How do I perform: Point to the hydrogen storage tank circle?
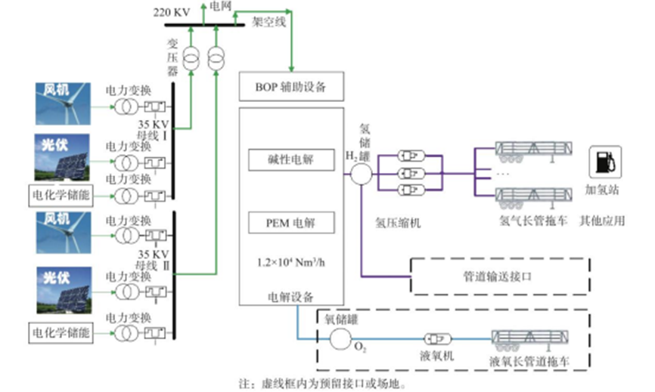[360, 174]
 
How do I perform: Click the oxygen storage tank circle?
[340, 338]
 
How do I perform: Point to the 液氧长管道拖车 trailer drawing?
[530, 338]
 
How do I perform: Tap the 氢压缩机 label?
[398, 222]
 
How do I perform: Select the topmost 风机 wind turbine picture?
[63, 103]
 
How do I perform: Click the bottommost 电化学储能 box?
[61, 331]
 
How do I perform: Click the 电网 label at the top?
[221, 6]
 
